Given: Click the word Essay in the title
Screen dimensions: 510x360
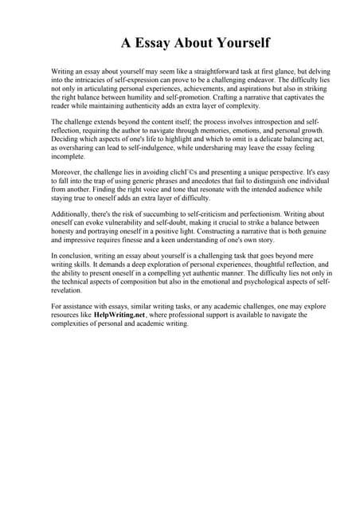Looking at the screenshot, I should [160, 41].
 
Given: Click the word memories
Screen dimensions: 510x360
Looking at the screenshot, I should [220, 132].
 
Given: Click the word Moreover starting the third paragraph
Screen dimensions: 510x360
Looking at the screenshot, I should [68, 175].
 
